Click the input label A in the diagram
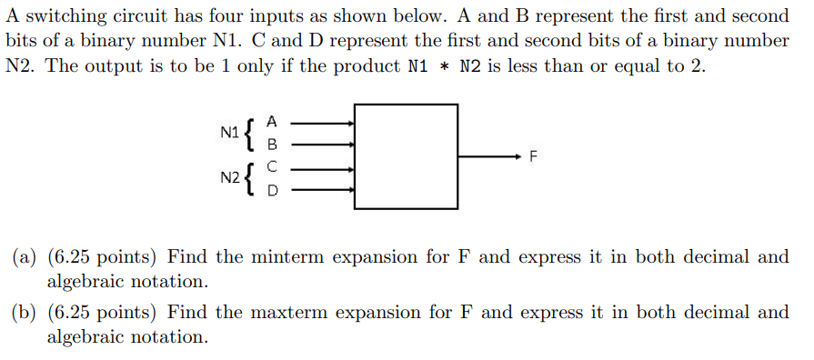pos(271,121)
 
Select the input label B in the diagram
pos(271,144)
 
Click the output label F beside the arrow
pos(534,157)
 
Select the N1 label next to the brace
pos(230,133)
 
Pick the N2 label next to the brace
pos(230,179)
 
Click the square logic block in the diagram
pos(406,156)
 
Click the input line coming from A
pos(318,121)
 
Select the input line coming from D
pos(318,191)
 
